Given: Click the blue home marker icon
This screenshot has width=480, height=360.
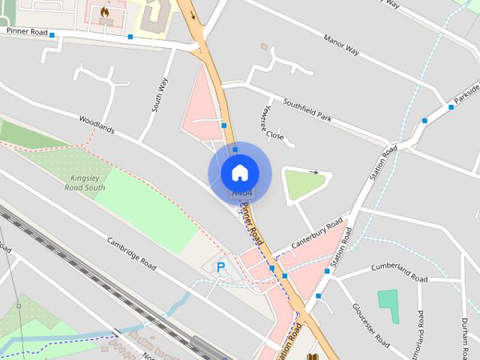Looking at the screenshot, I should click(x=239, y=172).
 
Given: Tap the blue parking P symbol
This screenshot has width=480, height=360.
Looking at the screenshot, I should click(x=220, y=266).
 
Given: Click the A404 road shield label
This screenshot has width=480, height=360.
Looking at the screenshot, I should click(x=241, y=193).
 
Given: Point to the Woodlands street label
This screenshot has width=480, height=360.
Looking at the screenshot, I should click(x=97, y=124).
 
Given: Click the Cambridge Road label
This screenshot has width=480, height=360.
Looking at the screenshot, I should click(x=131, y=255).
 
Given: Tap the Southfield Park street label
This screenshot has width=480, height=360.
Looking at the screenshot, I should click(x=307, y=110).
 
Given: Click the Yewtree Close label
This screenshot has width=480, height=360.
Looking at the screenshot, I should click(x=272, y=123).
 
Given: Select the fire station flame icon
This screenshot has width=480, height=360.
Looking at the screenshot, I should click(x=104, y=12).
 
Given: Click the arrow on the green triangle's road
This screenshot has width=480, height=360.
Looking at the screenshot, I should click(x=313, y=172).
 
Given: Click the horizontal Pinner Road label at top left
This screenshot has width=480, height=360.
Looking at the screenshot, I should click(x=27, y=32).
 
